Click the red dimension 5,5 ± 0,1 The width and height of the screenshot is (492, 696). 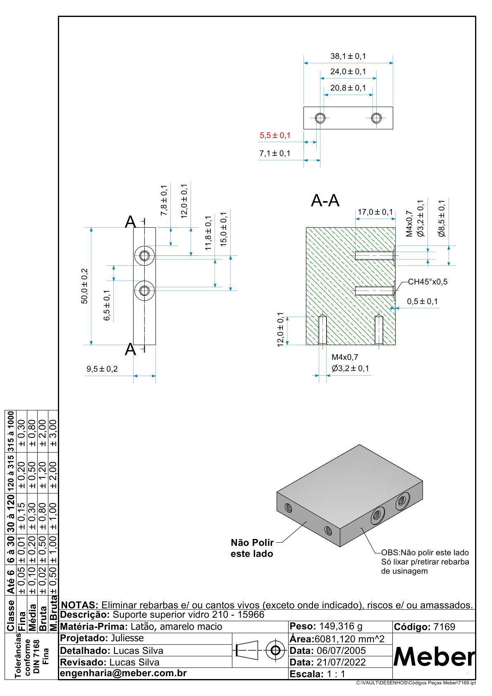pos(275,136)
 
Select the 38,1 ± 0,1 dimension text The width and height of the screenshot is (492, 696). pos(348,56)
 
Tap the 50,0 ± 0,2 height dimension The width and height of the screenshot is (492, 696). pos(85,286)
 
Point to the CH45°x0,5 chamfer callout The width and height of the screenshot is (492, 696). pos(428,282)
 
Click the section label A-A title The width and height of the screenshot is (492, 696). pos(325,201)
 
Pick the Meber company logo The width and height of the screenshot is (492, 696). pos(434,656)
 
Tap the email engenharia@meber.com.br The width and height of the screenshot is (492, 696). pos(124,673)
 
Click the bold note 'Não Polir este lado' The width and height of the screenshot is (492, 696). pos(252,548)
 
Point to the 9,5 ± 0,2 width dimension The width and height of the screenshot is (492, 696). pos(102,369)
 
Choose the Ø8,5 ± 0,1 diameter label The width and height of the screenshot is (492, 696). pos(442,218)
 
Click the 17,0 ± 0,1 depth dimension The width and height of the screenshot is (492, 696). pos(375,212)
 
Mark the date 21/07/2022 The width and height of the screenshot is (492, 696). pos(341,662)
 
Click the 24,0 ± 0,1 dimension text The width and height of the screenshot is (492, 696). pos(348,72)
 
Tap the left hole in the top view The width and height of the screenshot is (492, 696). pos(320,118)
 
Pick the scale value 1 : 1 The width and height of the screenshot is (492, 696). pos(336,674)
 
